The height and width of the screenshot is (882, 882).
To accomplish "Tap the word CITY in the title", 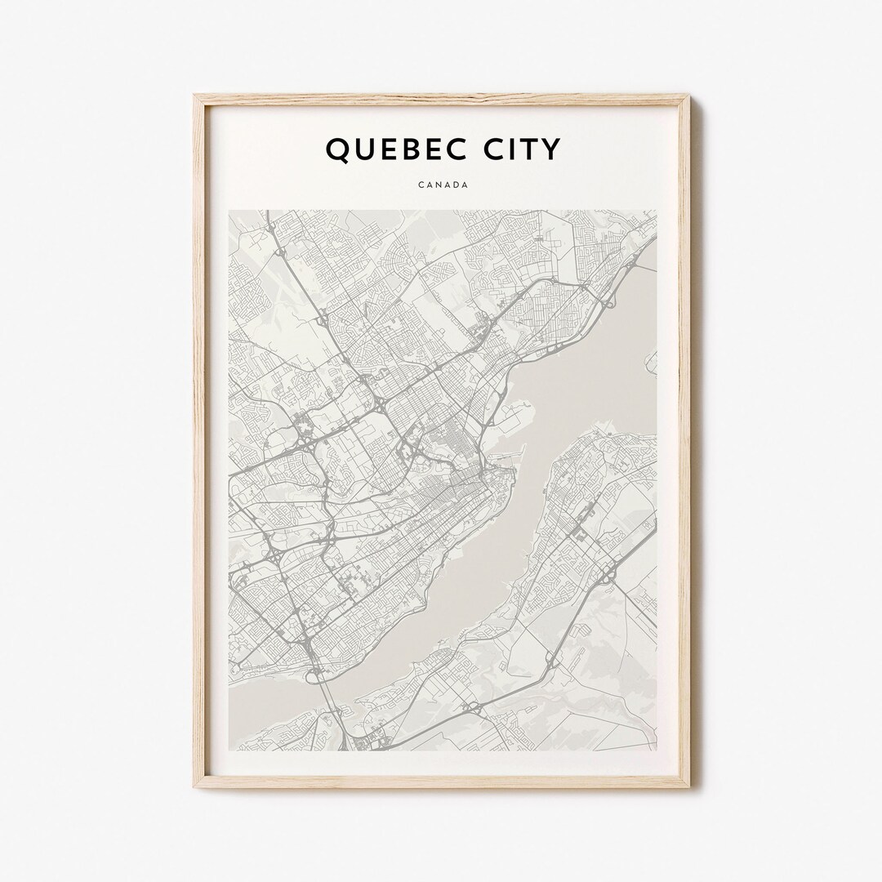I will [x=523, y=149].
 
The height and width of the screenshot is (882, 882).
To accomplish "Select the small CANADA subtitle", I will [x=443, y=185].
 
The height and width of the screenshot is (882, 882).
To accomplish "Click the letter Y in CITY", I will [x=552, y=149].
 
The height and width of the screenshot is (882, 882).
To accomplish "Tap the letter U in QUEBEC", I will [x=363, y=149].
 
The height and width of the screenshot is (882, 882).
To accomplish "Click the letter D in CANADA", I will [x=457, y=185].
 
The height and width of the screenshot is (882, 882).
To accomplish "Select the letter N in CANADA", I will [x=439, y=185].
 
